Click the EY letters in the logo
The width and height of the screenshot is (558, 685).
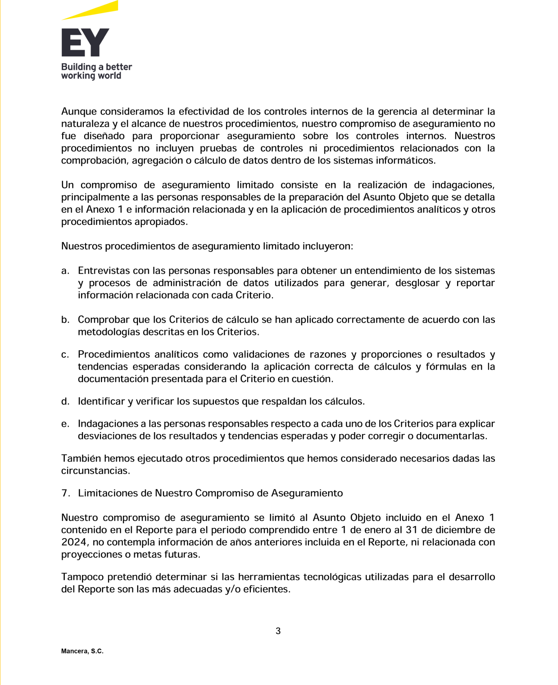coord(85,43)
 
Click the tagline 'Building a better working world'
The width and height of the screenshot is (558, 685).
coord(96,71)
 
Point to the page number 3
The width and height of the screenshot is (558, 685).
coord(278,631)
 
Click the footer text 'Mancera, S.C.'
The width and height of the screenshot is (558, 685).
coord(82,651)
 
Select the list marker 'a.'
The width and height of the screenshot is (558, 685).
coord(65,271)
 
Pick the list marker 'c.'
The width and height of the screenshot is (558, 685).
coord(65,355)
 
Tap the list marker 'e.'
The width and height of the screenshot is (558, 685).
coord(65,424)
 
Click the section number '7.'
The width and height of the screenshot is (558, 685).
coord(66,493)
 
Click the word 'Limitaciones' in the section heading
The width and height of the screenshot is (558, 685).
coord(108,493)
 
